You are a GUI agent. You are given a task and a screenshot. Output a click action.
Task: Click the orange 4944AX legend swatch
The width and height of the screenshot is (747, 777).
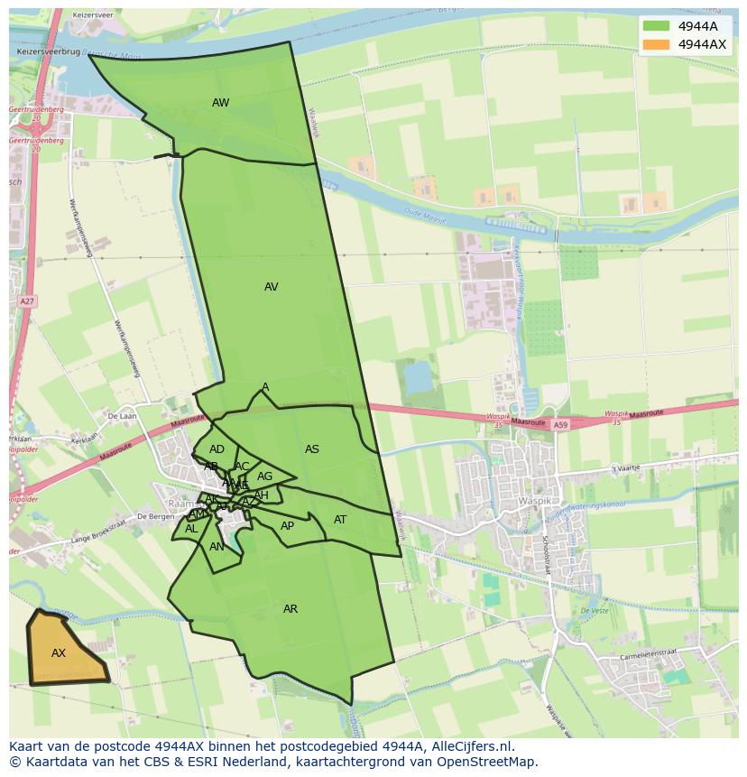pyautogui.click(x=656, y=44)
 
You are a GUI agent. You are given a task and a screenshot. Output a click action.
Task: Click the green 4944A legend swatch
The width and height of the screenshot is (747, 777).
pyautogui.click(x=656, y=26)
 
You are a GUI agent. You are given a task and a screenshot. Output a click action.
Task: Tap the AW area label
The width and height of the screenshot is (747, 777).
pyautogui.click(x=221, y=103)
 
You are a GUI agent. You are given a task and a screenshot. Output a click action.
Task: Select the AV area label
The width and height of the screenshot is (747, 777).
pyautogui.click(x=271, y=287)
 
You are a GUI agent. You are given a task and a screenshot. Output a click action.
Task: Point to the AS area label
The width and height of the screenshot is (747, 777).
pyautogui.click(x=312, y=449)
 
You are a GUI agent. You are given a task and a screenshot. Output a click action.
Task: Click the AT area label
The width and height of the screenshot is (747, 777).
pyautogui.click(x=340, y=520)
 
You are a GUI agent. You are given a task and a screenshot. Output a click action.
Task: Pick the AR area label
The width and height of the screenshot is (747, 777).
pyautogui.click(x=290, y=609)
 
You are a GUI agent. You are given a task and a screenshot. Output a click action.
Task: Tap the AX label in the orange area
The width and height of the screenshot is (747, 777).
pyautogui.click(x=59, y=653)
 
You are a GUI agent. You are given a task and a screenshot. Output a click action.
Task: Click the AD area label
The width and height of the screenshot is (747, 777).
pyautogui.click(x=217, y=449)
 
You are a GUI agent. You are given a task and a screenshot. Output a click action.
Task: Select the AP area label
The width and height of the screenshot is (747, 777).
pyautogui.click(x=288, y=526)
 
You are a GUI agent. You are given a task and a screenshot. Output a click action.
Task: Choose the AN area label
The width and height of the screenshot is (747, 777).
pyautogui.click(x=217, y=547)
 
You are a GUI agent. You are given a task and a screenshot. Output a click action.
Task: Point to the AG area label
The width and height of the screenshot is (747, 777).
pyautogui.click(x=264, y=476)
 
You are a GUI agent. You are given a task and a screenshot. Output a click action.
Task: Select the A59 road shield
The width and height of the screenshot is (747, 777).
pyautogui.click(x=561, y=424)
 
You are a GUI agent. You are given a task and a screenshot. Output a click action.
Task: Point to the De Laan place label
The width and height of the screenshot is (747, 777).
pyautogui.click(x=120, y=416)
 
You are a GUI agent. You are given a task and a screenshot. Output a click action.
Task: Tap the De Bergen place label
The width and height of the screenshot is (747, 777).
pyautogui.click(x=153, y=516)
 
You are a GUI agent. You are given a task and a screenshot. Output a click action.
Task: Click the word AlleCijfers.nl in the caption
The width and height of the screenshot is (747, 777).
pyautogui.click(x=470, y=746)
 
